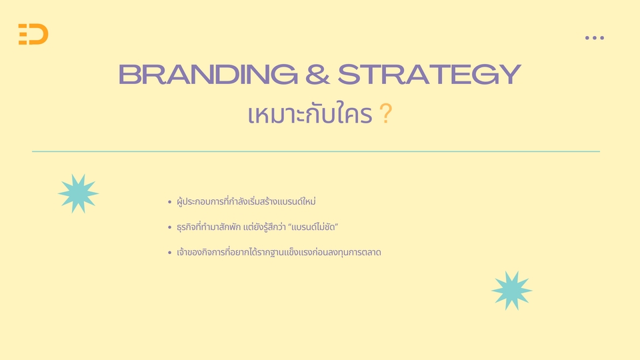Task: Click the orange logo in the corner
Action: click(x=33, y=34)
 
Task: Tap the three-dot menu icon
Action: click(x=594, y=38)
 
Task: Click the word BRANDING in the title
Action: click(x=208, y=74)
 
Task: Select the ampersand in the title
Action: click(x=317, y=74)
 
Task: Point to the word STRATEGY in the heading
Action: click(x=429, y=74)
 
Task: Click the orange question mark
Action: click(x=386, y=113)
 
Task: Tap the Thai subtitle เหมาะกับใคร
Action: click(x=310, y=113)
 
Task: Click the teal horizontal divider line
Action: click(x=316, y=151)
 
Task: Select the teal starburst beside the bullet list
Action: click(x=79, y=193)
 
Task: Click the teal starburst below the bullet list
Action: click(x=512, y=291)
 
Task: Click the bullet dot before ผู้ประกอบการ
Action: click(x=170, y=201)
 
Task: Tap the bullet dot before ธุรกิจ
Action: click(x=170, y=227)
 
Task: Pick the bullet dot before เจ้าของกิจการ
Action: click(x=170, y=253)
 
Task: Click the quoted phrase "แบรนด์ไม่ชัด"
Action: click(x=313, y=227)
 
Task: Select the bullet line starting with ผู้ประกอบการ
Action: click(x=246, y=201)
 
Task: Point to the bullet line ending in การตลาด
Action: click(x=279, y=252)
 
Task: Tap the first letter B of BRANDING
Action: click(x=129, y=74)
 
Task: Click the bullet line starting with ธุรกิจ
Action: click(x=257, y=227)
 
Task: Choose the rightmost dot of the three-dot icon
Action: click(x=601, y=38)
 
